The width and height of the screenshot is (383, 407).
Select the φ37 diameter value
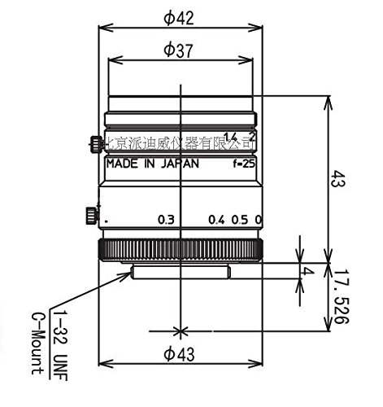coord(178,50)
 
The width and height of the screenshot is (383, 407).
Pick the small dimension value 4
coord(308,271)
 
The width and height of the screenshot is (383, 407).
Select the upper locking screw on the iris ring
coord(95,145)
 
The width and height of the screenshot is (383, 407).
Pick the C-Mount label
coord(37,342)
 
